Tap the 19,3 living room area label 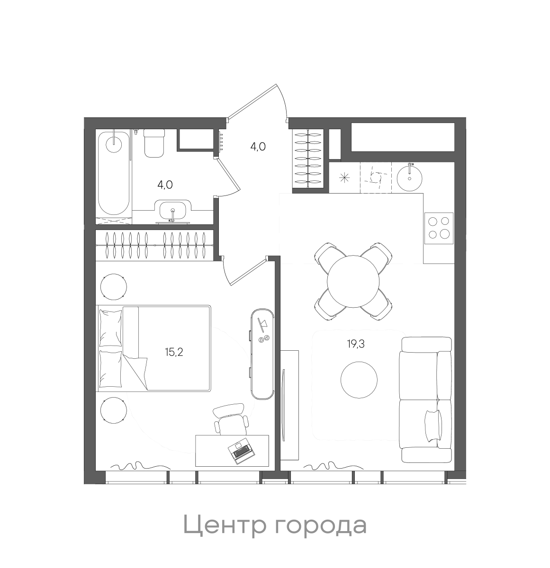(356, 344)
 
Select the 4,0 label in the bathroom (165, 185)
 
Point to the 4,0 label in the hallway (258, 146)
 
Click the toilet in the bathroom (153, 143)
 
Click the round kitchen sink (409, 177)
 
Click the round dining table (353, 281)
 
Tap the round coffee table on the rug (359, 380)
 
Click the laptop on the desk (241, 452)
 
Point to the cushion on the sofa (433, 425)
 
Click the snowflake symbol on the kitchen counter (344, 178)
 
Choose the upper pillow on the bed (110, 328)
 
